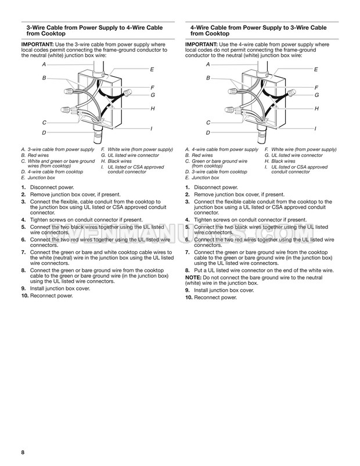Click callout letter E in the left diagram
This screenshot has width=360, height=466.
152,69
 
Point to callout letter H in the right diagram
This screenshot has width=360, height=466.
316,109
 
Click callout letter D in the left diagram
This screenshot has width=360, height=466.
44,133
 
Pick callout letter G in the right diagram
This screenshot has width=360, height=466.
316,95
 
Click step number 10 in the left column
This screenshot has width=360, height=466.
26,296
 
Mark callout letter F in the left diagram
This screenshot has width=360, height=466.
152,87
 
